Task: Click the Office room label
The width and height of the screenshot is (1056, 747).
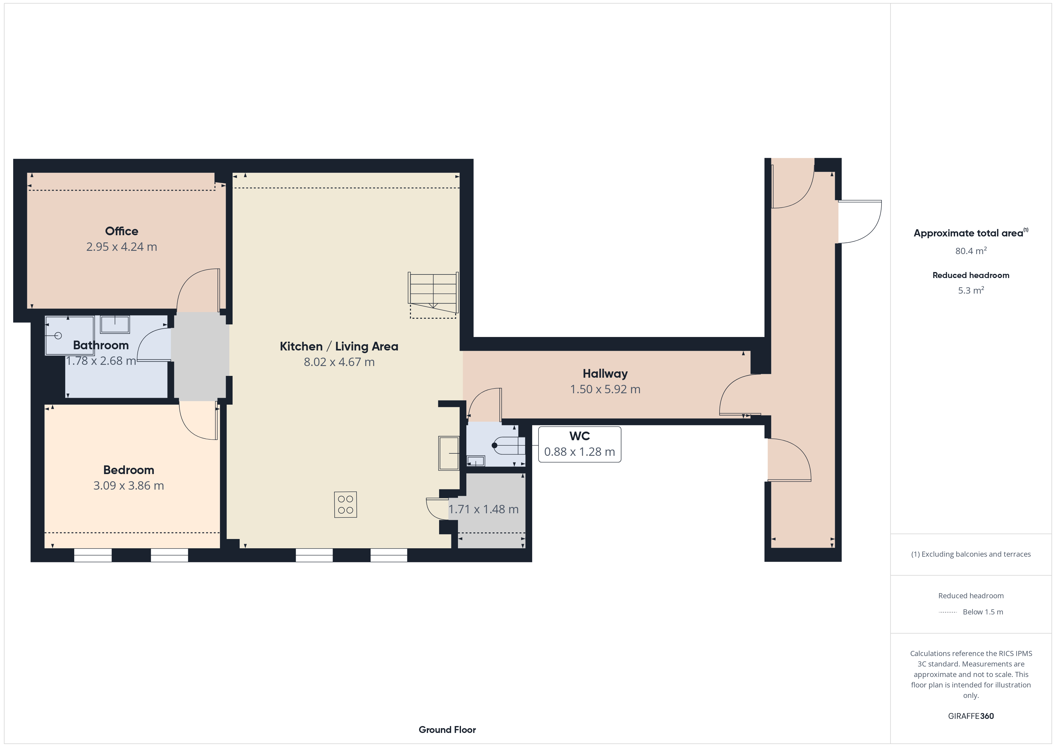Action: (x=122, y=231)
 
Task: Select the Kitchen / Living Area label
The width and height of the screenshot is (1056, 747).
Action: (x=339, y=346)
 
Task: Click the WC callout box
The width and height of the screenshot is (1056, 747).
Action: (x=579, y=444)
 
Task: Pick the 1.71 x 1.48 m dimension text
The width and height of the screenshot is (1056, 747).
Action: (x=483, y=509)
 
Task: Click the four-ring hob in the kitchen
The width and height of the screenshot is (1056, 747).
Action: (x=345, y=505)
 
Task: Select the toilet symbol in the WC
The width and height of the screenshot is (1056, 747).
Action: (x=509, y=445)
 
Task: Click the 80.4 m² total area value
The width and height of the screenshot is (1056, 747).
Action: (x=971, y=251)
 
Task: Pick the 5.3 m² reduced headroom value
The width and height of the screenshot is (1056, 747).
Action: (x=971, y=290)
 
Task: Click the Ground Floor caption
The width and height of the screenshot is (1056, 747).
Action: (x=447, y=730)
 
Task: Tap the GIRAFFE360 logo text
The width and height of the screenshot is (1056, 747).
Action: (x=971, y=716)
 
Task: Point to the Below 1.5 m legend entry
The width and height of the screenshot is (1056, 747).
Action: (x=983, y=612)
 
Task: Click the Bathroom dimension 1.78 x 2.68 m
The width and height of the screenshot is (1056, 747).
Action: (x=101, y=361)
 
